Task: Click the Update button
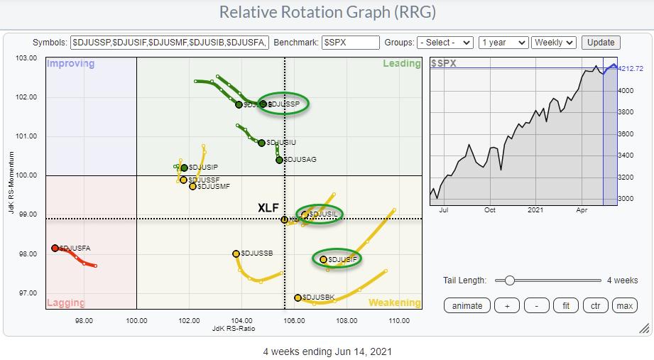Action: click(601, 43)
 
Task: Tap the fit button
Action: click(566, 306)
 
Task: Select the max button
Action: click(624, 306)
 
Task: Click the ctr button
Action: click(595, 306)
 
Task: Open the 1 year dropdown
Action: click(503, 43)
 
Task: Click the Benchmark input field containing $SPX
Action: click(350, 43)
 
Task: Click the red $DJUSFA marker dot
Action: click(55, 248)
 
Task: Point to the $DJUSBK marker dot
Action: click(298, 298)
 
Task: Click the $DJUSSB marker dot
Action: click(236, 253)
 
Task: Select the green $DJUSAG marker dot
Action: click(279, 160)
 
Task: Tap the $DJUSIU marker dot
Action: click(261, 143)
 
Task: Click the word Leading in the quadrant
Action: click(402, 64)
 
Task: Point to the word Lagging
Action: click(66, 302)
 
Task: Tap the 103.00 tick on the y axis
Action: click(26, 58)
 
